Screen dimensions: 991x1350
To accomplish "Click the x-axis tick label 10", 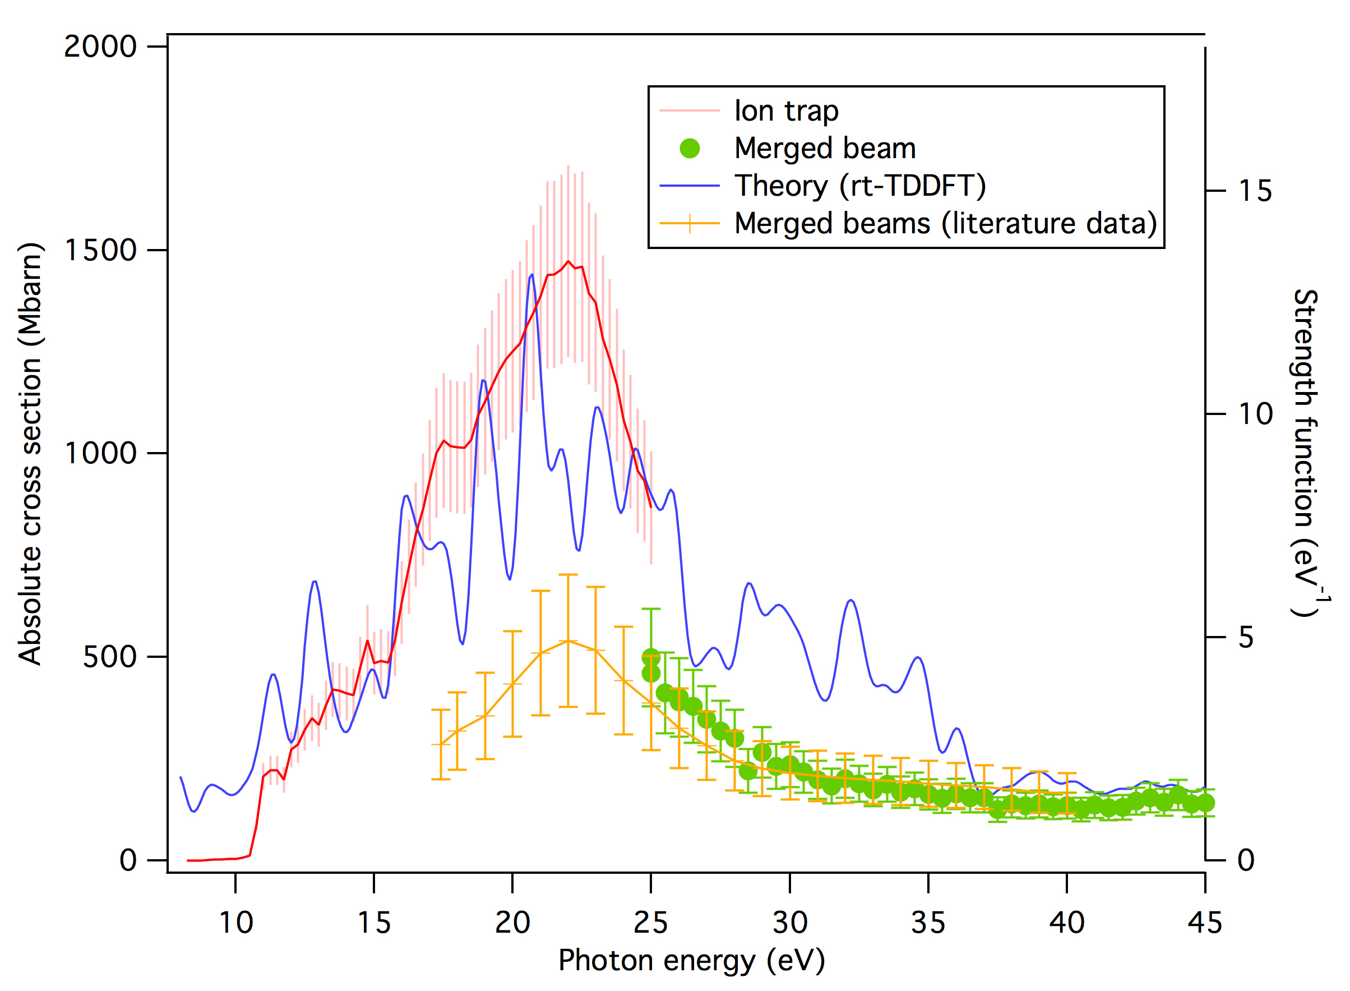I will pyautogui.click(x=235, y=923).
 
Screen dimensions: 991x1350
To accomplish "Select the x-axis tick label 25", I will pyautogui.click(x=651, y=923).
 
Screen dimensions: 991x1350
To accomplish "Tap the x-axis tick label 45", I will pyautogui.click(x=1204, y=923).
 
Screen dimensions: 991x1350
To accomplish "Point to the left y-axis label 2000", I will pyautogui.click(x=101, y=47).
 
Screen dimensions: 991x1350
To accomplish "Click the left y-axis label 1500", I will pyautogui.click(x=101, y=250).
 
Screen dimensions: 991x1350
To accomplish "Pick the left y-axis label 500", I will pyautogui.click(x=110, y=657).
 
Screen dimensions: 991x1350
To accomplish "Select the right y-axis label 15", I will pyautogui.click(x=1255, y=191).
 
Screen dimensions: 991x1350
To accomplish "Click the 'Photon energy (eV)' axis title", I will pyautogui.click(x=691, y=960).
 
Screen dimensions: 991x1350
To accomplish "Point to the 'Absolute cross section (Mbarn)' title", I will pyautogui.click(x=30, y=454).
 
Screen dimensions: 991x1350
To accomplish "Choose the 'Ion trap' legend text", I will pyautogui.click(x=786, y=111).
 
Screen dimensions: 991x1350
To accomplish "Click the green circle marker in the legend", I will pyautogui.click(x=690, y=148).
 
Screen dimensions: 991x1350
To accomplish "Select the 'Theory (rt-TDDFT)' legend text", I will pyautogui.click(x=860, y=186).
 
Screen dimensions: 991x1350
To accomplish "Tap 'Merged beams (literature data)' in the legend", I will pyautogui.click(x=945, y=223).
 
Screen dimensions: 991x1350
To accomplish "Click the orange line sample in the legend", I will pyautogui.click(x=690, y=223).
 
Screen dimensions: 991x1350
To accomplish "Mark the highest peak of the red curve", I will pyautogui.click(x=568, y=261).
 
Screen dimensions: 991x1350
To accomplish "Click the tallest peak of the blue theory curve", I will pyautogui.click(x=531, y=275).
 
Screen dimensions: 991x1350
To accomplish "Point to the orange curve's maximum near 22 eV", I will pyautogui.click(x=568, y=640).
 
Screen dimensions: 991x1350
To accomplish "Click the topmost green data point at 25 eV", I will pyautogui.click(x=651, y=657).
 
